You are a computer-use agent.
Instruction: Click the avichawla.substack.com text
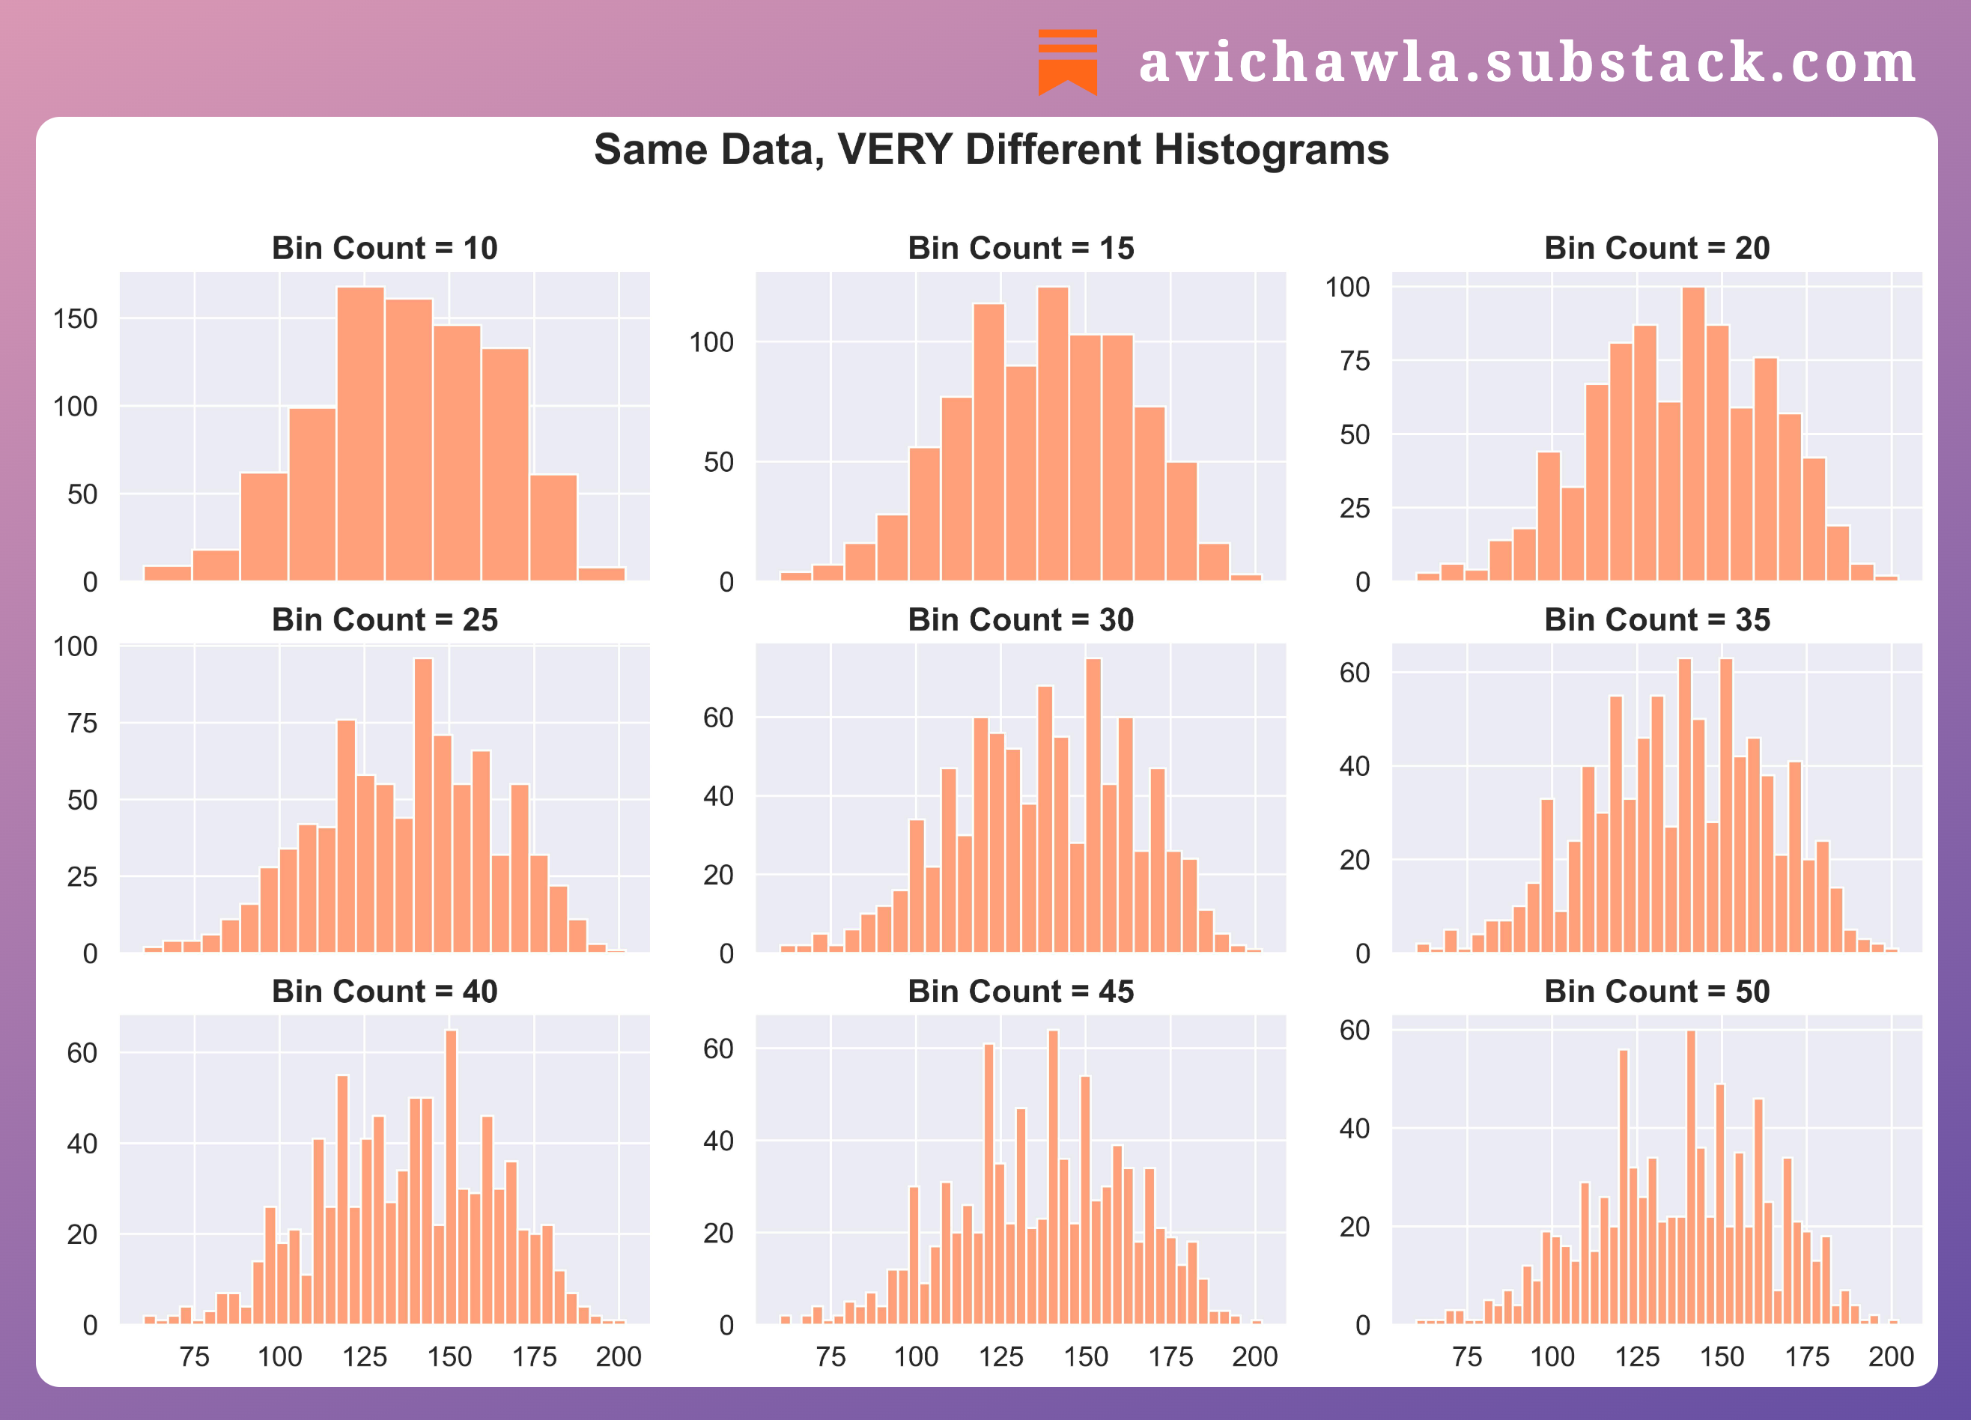[1527, 63]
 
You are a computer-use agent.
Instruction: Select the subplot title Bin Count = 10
[384, 249]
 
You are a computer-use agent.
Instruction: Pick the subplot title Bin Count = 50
[1656, 992]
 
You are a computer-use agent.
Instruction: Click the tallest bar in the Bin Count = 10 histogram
[361, 434]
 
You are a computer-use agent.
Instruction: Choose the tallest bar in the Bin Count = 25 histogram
[423, 804]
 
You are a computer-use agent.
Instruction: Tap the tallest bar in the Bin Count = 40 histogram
[451, 1177]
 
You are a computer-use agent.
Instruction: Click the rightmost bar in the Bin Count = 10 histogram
[601, 574]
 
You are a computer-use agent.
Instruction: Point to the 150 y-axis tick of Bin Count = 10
[76, 319]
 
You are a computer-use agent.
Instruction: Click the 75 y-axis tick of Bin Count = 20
[1354, 361]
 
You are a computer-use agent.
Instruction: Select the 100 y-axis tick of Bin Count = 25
[76, 646]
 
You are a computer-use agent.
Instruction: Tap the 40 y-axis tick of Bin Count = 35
[1354, 766]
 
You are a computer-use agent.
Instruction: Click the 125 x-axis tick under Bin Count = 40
[364, 1356]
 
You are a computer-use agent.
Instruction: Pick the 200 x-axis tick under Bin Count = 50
[1891, 1356]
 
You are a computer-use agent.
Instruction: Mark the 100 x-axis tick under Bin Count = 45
[916, 1356]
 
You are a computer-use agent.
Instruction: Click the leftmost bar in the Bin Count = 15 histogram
[795, 576]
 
